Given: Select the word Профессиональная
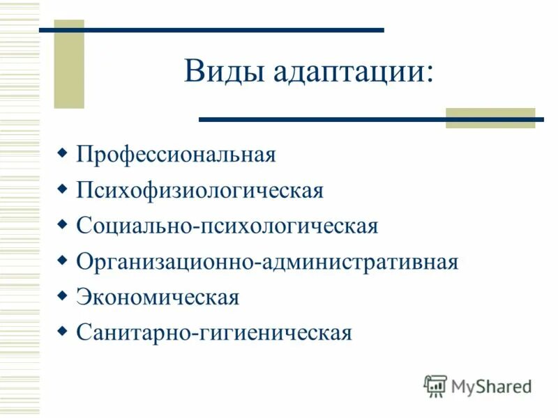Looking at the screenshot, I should (x=176, y=154).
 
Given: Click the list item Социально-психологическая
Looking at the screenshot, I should (x=227, y=226).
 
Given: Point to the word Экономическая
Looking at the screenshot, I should (x=158, y=298).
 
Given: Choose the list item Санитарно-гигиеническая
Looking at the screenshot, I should (x=214, y=333).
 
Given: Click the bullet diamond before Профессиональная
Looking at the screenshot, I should (x=62, y=152).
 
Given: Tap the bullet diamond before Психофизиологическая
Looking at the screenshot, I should (x=62, y=188).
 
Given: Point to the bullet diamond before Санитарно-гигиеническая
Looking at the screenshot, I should (x=62, y=332).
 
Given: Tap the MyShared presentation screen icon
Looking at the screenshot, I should (x=435, y=385).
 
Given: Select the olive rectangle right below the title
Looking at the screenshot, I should (x=490, y=118).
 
